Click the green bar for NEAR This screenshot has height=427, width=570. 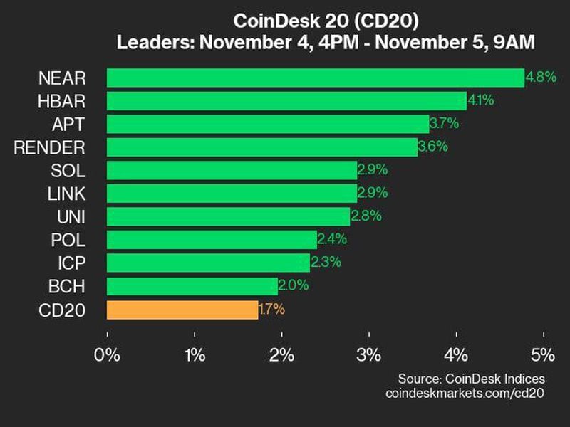click(x=315, y=78)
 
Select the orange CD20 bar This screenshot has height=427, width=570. click(x=182, y=310)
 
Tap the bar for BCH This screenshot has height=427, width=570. click(x=192, y=286)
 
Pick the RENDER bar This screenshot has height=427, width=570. click(x=261, y=147)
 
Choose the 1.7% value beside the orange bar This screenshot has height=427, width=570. click(x=271, y=310)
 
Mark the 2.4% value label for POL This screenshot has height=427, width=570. click(x=331, y=240)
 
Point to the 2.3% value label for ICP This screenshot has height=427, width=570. click(x=325, y=263)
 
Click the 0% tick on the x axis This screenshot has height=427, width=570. click(x=108, y=355)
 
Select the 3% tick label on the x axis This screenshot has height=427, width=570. click(x=369, y=355)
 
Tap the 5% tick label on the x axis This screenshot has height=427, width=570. click(x=544, y=355)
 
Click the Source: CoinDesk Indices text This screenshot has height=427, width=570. click(x=471, y=379)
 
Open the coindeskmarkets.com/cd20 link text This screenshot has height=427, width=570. click(x=464, y=393)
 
